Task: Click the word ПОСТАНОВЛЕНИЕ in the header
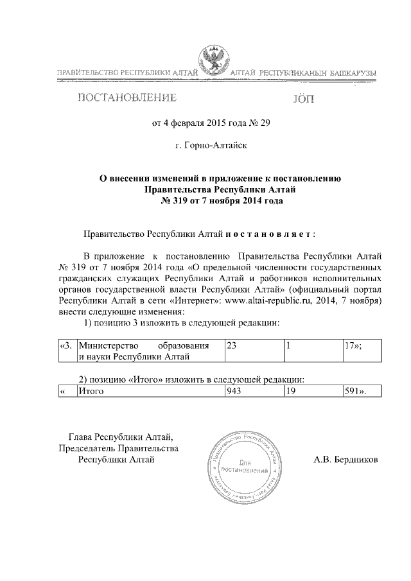click(127, 99)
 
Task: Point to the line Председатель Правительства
click(118, 447)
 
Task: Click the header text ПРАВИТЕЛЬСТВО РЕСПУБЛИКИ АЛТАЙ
click(126, 75)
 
